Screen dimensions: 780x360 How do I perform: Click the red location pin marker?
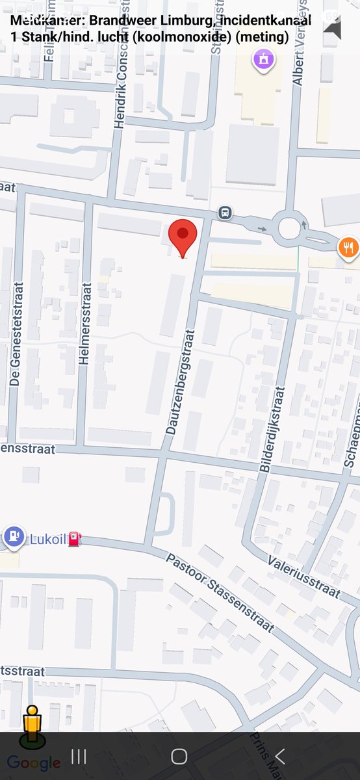(x=183, y=236)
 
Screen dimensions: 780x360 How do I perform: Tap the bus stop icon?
(x=225, y=212)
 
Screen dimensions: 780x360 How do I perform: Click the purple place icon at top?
(x=263, y=60)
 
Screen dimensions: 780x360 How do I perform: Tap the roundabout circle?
(x=289, y=228)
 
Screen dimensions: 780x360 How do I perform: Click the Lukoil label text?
(x=47, y=539)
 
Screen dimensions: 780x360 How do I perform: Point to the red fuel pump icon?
(x=75, y=539)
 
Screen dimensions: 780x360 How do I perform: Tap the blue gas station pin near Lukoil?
(x=13, y=537)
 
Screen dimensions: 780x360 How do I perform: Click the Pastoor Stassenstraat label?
(x=220, y=592)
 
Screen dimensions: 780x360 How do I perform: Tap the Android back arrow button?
(x=279, y=756)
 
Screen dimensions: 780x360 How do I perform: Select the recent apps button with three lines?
(x=79, y=756)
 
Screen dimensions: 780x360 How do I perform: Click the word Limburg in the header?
(x=182, y=21)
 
